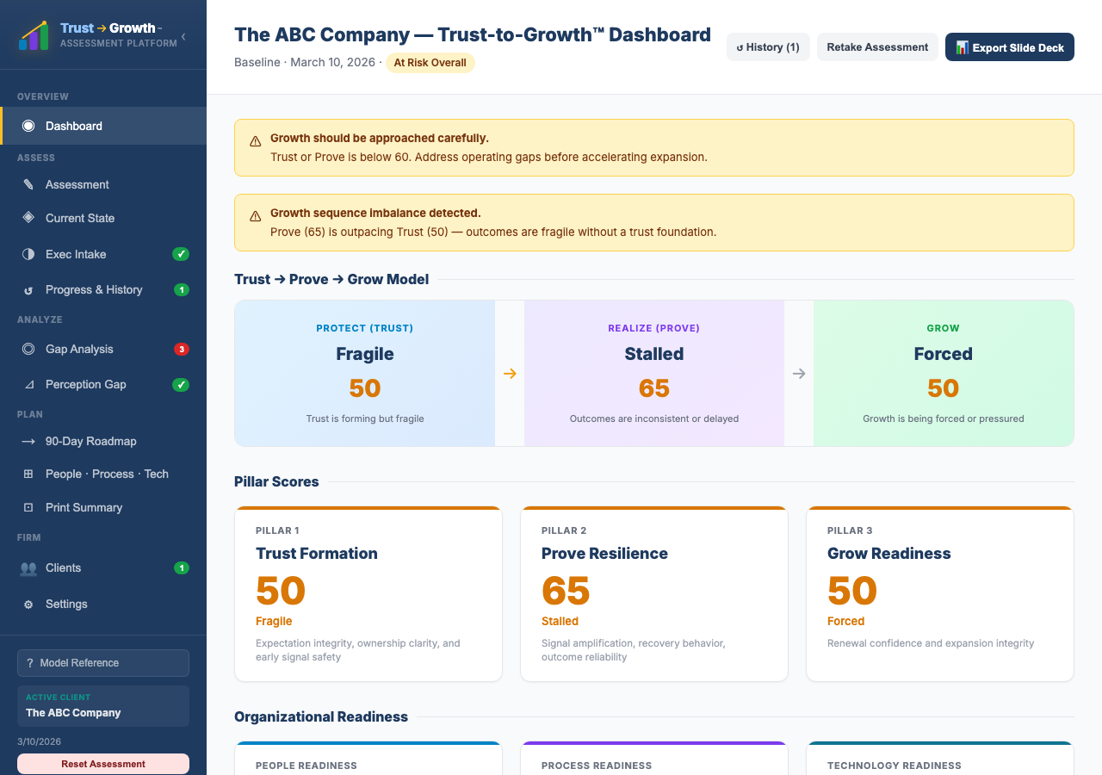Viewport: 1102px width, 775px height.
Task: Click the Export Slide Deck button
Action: (x=1009, y=47)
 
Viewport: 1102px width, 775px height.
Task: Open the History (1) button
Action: (x=768, y=47)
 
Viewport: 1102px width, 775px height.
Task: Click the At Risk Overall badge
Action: (x=430, y=63)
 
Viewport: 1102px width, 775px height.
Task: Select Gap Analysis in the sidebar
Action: (x=79, y=349)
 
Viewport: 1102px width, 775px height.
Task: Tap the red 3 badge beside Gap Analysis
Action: (x=181, y=349)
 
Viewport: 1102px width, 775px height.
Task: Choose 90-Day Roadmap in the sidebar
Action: (x=90, y=441)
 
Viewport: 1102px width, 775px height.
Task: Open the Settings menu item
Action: (x=66, y=604)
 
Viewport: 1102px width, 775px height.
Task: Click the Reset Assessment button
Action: (x=103, y=764)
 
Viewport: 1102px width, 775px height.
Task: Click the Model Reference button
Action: (x=103, y=663)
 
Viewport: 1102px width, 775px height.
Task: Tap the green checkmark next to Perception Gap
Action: (x=181, y=385)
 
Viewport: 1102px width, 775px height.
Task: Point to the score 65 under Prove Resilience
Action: (x=566, y=591)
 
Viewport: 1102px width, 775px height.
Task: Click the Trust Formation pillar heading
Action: (x=316, y=554)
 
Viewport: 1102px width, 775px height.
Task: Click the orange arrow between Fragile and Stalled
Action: (x=510, y=374)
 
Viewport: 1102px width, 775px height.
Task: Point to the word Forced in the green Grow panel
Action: (x=943, y=354)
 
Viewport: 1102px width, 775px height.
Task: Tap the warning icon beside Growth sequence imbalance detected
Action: (x=256, y=216)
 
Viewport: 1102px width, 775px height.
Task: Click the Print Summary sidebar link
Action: (x=84, y=507)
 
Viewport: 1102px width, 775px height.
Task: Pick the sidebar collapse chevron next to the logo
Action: (x=183, y=36)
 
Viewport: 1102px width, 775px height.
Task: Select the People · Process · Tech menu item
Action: (x=107, y=474)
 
